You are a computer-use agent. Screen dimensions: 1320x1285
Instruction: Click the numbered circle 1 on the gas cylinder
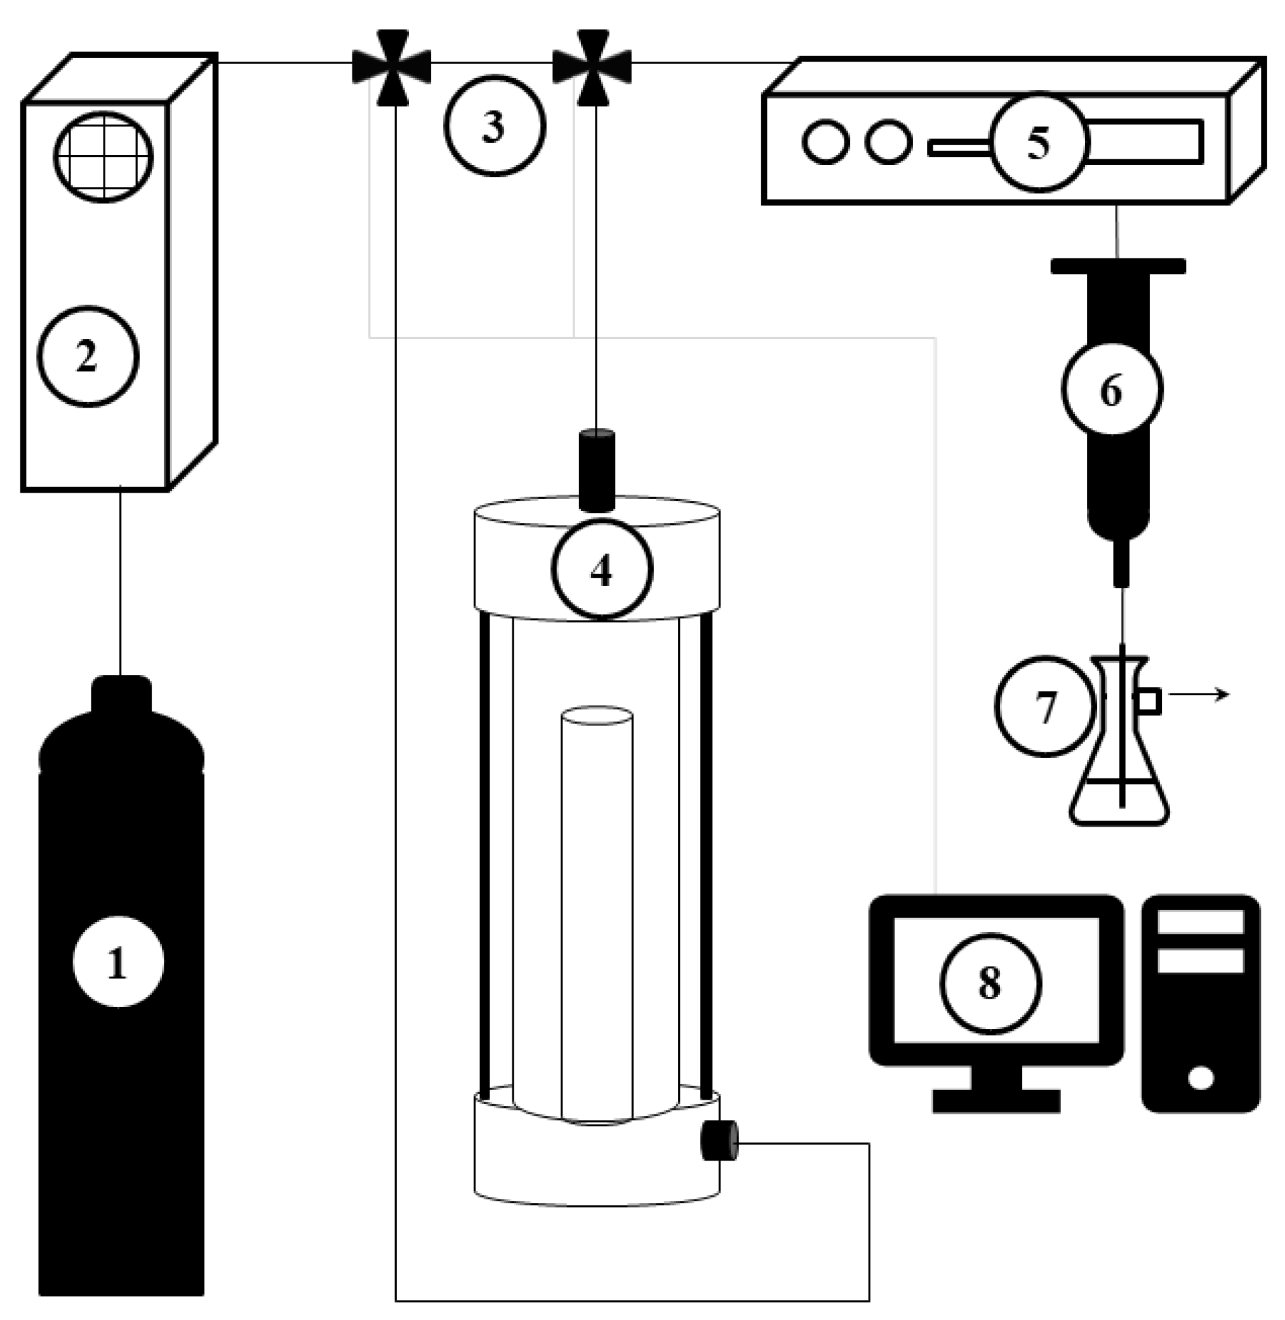[118, 962]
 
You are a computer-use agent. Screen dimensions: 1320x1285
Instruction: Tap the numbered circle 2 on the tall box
[88, 356]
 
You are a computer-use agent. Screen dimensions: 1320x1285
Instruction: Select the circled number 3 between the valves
[495, 126]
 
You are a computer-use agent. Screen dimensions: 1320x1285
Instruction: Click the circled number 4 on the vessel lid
[601, 569]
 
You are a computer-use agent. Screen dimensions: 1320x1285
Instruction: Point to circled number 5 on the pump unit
[1039, 142]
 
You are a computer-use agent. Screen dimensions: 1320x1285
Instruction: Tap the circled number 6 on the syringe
[1112, 389]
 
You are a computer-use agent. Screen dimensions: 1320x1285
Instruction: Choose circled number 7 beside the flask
[1045, 706]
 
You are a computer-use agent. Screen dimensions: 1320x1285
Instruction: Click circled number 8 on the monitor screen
[990, 983]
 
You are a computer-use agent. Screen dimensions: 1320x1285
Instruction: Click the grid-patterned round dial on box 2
[103, 157]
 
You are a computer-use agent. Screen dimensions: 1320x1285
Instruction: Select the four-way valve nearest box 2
[392, 66]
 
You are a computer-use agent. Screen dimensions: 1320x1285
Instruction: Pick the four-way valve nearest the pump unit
[592, 66]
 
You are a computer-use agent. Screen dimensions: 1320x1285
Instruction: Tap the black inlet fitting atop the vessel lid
[597, 470]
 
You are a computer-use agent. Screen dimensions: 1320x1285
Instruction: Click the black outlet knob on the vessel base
[719, 1140]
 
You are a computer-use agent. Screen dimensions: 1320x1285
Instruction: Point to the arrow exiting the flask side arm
[1201, 694]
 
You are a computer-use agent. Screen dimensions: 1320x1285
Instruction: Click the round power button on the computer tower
[1201, 1077]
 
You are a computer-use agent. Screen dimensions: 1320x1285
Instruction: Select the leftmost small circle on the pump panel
[825, 142]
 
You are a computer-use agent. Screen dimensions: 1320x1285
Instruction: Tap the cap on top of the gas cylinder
[121, 693]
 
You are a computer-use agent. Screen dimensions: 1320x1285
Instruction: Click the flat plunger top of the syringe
[1117, 266]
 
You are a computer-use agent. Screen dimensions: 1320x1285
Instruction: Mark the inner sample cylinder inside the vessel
[597, 911]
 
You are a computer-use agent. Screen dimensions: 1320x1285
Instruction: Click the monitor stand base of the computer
[996, 1102]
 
